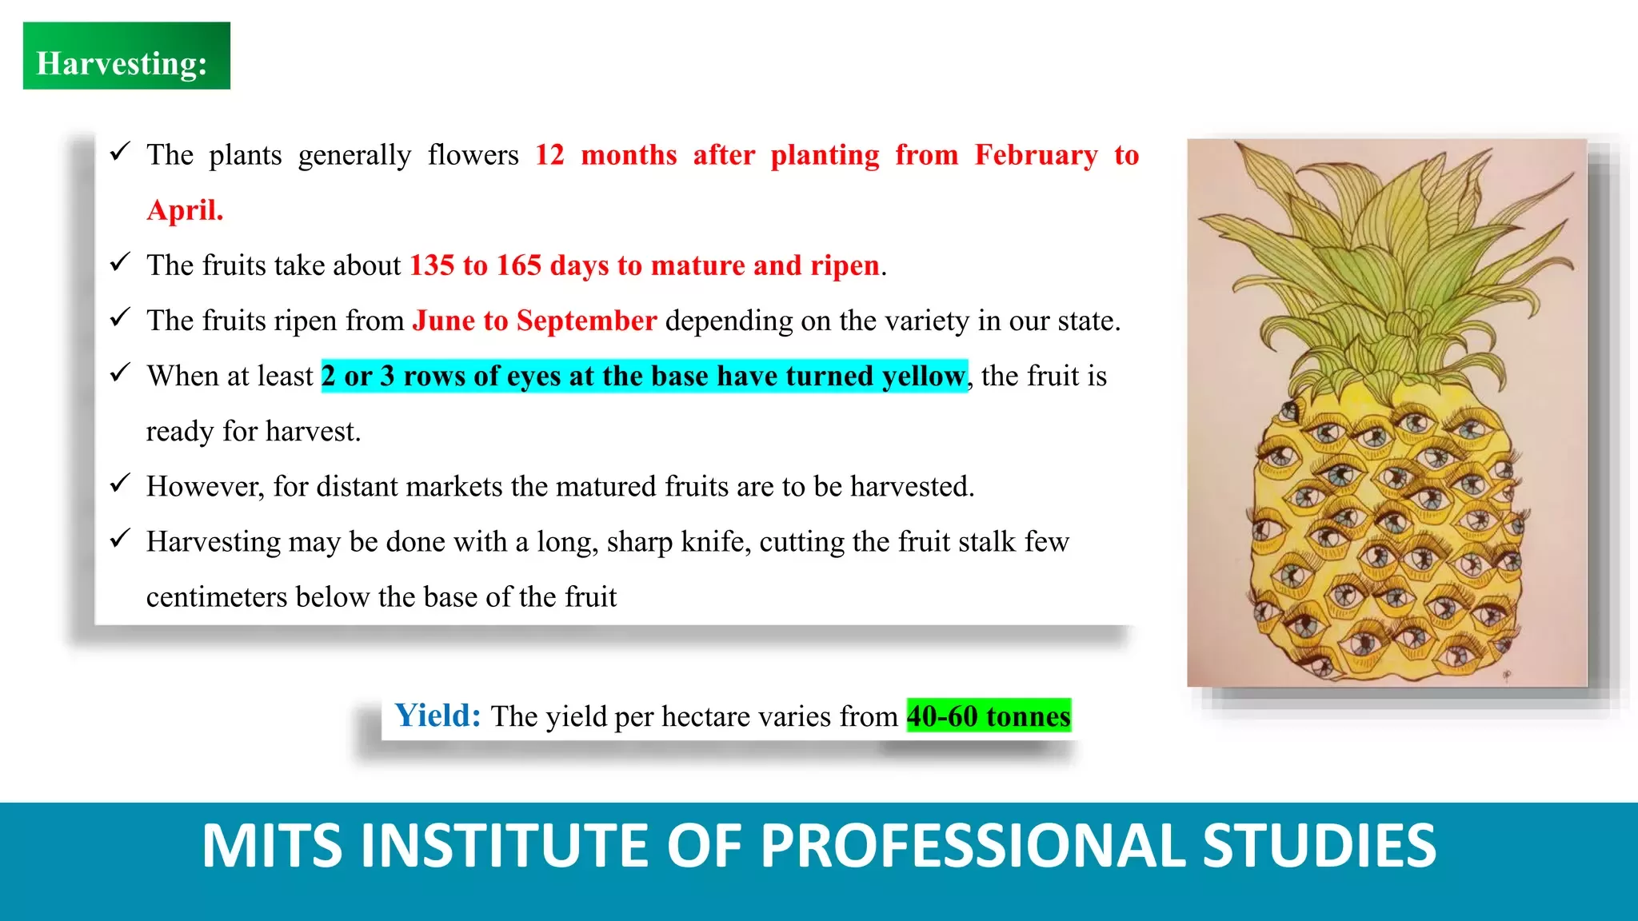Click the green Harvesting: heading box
coord(126,55)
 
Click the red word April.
coord(185,211)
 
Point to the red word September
coord(586,321)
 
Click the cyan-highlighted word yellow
coord(924,377)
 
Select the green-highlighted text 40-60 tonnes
coord(989,716)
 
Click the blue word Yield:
coord(437,715)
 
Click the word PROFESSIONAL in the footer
coord(972,846)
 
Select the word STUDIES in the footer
coord(1320,846)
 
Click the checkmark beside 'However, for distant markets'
coord(120,483)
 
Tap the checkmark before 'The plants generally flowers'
coord(120,151)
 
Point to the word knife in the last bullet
coord(715,542)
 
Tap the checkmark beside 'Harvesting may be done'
coord(120,538)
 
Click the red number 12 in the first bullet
coord(549,155)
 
